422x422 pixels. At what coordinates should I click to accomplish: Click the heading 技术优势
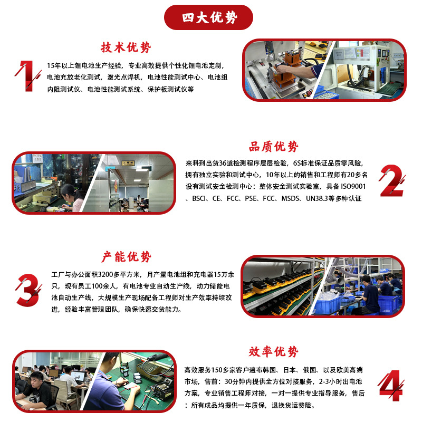126,48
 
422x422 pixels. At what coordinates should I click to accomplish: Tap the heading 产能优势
126,257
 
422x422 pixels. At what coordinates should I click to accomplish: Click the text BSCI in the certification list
198,198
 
